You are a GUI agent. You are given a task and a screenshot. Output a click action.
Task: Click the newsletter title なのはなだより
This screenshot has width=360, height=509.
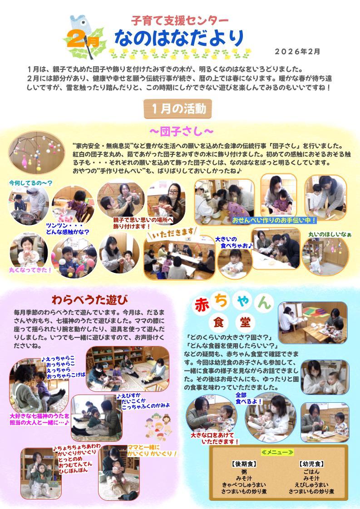click(179, 38)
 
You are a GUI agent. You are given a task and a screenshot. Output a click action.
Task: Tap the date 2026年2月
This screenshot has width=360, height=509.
click(297, 52)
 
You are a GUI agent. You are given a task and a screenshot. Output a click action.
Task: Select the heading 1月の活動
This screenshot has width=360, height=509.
click(178, 109)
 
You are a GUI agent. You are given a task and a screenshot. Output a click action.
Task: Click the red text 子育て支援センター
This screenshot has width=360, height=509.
click(180, 21)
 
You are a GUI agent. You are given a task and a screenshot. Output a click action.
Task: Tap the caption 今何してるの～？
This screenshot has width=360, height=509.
click(30, 183)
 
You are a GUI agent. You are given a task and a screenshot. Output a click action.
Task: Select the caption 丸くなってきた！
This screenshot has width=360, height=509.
click(30, 270)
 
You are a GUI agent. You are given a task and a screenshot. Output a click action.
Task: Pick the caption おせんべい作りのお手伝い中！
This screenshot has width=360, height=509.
click(274, 220)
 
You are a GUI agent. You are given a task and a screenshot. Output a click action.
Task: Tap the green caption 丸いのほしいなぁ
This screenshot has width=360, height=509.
click(330, 234)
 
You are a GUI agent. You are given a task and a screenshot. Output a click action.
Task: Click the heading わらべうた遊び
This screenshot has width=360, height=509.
click(89, 300)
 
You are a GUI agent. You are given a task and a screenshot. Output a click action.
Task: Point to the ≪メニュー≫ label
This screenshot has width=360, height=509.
click(277, 452)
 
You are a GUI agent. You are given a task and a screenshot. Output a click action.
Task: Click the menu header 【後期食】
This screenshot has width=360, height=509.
click(244, 464)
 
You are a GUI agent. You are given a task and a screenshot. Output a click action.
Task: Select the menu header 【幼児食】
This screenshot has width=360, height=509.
click(311, 464)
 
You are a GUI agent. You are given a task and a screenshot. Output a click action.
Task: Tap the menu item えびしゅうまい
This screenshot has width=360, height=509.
click(311, 484)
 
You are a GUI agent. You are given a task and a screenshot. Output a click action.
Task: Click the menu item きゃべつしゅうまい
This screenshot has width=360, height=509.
click(244, 484)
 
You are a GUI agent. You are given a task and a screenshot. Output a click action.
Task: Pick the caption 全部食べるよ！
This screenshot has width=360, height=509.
click(248, 398)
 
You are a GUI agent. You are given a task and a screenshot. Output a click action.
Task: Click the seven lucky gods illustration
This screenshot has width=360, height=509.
click(158, 426)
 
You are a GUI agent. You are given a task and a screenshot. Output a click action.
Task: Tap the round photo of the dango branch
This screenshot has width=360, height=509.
click(37, 153)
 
